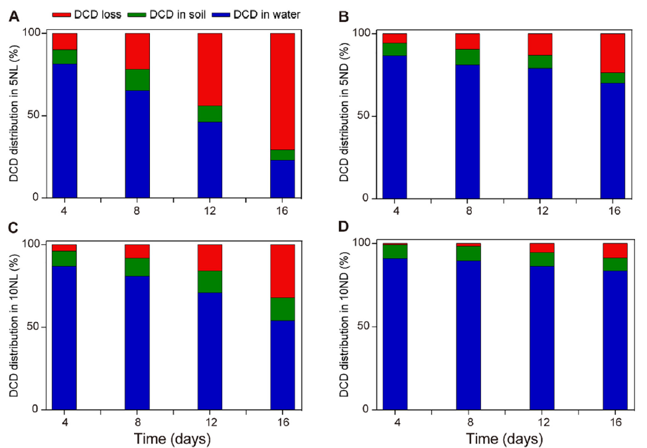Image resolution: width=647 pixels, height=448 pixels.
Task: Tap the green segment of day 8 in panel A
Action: (x=137, y=80)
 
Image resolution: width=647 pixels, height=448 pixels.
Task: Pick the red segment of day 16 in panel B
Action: (x=614, y=52)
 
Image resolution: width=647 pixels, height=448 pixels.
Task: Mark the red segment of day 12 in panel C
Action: (x=210, y=258)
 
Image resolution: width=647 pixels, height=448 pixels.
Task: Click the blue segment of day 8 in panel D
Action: (x=468, y=335)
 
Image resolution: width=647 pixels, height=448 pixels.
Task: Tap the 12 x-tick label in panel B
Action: (x=541, y=210)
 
